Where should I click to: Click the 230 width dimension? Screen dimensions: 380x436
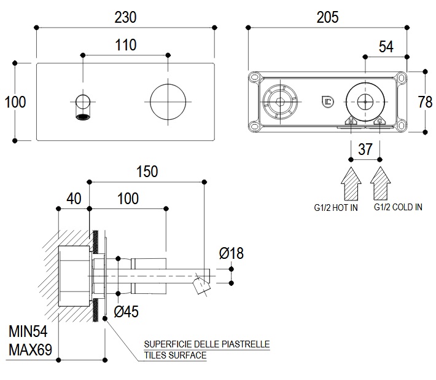(x=125, y=17)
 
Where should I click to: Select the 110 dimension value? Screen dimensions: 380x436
(x=125, y=45)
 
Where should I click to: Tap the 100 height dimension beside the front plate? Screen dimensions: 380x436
(x=15, y=101)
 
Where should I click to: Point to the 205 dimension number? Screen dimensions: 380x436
(x=327, y=17)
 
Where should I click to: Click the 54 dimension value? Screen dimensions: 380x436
(x=386, y=46)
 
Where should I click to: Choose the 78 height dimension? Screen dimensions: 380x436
(x=425, y=101)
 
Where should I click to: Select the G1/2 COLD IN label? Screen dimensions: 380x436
(x=398, y=208)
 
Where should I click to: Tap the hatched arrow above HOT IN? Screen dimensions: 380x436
(x=351, y=183)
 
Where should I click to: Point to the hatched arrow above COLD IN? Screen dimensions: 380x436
(x=381, y=183)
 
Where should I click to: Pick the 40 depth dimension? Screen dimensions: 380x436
(x=74, y=199)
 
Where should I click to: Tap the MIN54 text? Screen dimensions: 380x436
(x=28, y=333)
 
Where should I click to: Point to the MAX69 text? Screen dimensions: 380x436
(x=30, y=351)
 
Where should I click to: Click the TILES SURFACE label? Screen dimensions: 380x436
(x=175, y=355)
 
